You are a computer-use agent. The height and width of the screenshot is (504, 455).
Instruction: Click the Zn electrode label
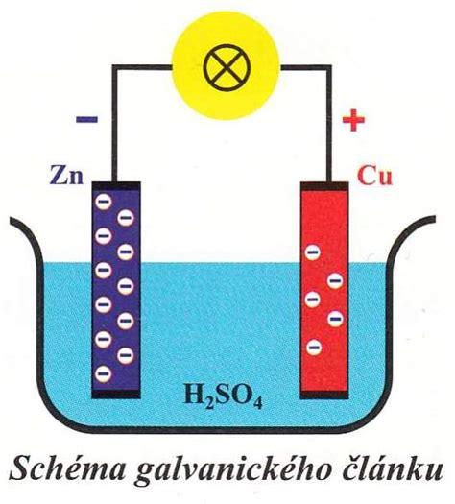tap(66, 176)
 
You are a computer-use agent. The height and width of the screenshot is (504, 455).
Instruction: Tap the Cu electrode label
tap(374, 176)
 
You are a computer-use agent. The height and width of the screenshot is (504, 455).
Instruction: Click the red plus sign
tap(353, 120)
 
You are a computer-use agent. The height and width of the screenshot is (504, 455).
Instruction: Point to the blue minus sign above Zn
tap(86, 120)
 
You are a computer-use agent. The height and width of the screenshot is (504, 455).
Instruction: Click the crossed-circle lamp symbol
tap(227, 67)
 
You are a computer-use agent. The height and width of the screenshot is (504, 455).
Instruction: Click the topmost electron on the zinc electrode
tap(104, 202)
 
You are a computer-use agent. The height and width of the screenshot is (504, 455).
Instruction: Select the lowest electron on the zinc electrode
tap(104, 373)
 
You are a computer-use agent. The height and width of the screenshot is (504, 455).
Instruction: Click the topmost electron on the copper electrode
tap(312, 252)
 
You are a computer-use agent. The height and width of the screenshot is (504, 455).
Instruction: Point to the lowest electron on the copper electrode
tap(314, 348)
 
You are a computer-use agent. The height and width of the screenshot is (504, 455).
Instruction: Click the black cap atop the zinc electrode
tap(116, 185)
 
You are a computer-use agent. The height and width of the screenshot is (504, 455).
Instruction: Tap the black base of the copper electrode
tap(324, 395)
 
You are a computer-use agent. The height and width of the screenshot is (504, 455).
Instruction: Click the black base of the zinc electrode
tap(116, 395)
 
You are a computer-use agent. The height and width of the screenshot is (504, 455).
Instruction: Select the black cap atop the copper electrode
tap(324, 186)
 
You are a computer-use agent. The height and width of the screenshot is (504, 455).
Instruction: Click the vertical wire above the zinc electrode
tap(113, 124)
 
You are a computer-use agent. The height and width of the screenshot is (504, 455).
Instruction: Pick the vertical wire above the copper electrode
tap(328, 124)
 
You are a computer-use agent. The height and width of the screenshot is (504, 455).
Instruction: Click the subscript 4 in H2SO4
tap(257, 404)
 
